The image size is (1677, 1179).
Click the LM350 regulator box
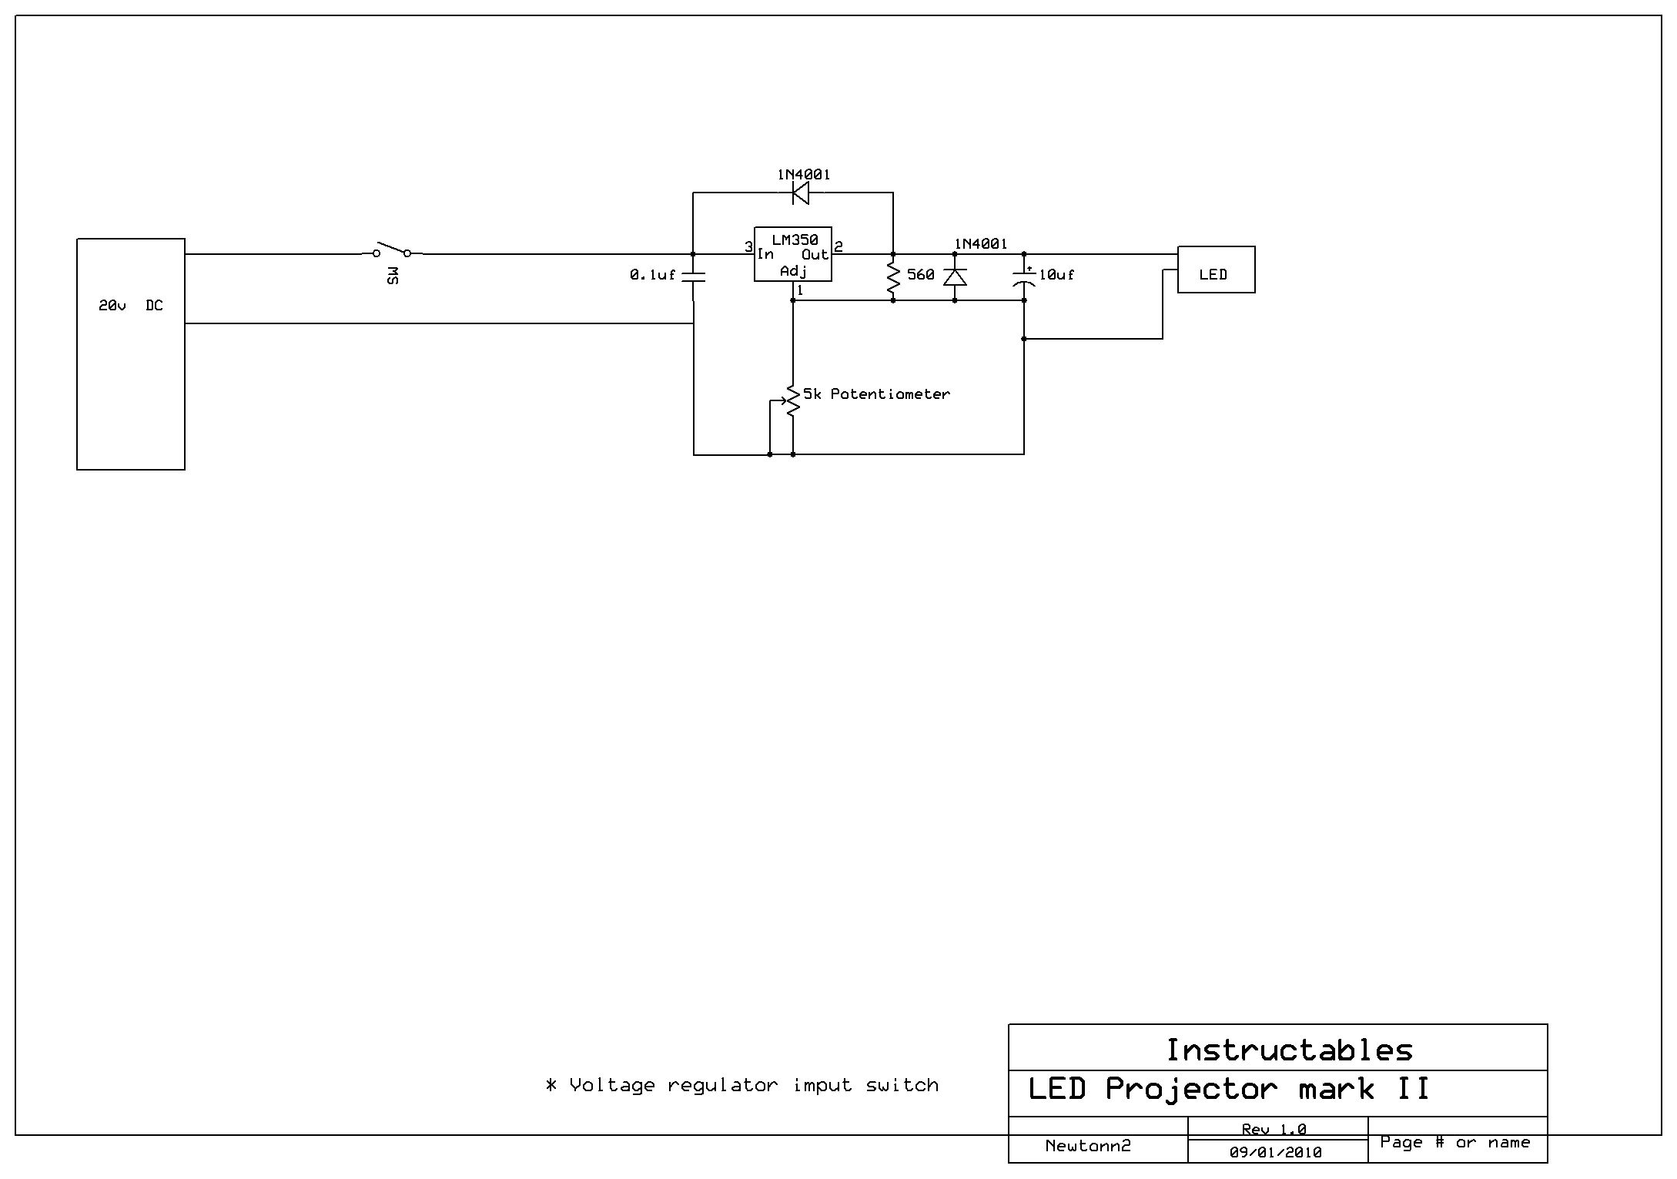click(x=792, y=254)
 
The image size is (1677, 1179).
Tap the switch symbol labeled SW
click(x=392, y=252)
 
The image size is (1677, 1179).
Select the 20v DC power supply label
click(x=130, y=306)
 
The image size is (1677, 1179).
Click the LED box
click(x=1216, y=270)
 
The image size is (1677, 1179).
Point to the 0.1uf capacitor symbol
click(x=694, y=276)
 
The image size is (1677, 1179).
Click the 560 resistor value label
click(x=920, y=275)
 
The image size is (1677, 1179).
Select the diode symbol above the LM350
click(x=801, y=193)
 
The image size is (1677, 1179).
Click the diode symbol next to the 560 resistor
click(x=955, y=276)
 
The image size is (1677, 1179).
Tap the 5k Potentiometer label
click(x=876, y=394)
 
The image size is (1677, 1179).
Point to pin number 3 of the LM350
click(x=748, y=247)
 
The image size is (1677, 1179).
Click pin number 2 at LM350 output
click(x=838, y=247)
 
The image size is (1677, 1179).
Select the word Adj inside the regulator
click(x=793, y=271)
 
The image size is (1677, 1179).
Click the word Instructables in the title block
click(x=1289, y=1050)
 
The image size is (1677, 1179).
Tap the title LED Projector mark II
click(x=1229, y=1089)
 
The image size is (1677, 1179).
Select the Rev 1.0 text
click(x=1274, y=1130)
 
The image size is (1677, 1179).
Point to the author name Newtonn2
click(x=1088, y=1146)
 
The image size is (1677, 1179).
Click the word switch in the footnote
click(x=902, y=1085)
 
